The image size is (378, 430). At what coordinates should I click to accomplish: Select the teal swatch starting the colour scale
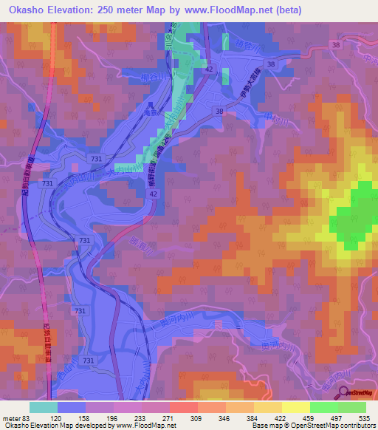coord(43,407)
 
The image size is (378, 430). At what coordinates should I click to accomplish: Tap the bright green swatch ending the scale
coord(351,407)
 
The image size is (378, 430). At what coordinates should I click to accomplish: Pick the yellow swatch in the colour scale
coord(295,407)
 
